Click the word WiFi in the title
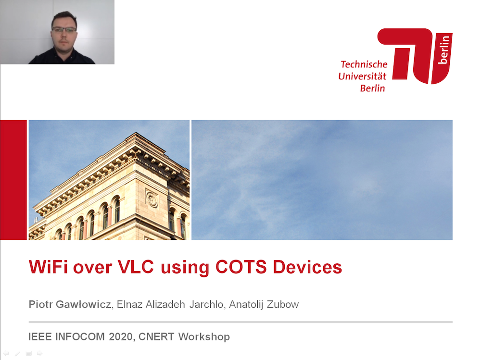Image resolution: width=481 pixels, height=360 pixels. (x=49, y=267)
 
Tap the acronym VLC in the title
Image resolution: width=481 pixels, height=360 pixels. (x=136, y=267)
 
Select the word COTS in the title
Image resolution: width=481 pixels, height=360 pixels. (x=241, y=267)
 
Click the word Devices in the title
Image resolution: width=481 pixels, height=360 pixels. (x=307, y=267)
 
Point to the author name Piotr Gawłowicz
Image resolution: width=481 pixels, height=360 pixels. (x=70, y=304)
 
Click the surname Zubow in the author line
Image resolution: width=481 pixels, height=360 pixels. (x=282, y=304)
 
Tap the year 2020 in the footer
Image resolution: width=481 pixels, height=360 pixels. (x=120, y=337)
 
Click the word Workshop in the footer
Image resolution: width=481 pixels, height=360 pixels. (x=204, y=337)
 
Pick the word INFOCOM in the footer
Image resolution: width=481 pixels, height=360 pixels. (x=80, y=337)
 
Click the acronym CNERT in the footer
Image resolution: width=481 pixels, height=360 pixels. (x=156, y=337)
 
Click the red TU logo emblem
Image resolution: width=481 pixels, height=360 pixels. (x=415, y=56)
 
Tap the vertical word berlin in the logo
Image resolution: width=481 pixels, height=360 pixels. (x=444, y=50)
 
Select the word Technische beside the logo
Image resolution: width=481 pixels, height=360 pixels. (x=364, y=64)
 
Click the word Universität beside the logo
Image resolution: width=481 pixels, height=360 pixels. (x=362, y=76)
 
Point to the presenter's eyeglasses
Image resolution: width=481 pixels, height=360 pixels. (x=64, y=30)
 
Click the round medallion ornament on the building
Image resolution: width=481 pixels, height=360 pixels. (x=152, y=199)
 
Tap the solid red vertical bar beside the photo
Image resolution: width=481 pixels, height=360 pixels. (x=13, y=180)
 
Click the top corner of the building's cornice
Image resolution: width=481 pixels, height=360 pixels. (x=136, y=133)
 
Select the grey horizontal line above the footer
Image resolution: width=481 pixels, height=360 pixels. (x=240, y=322)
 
